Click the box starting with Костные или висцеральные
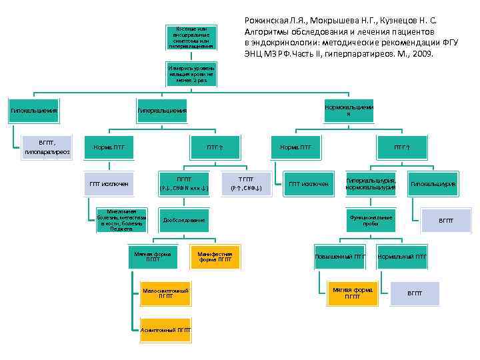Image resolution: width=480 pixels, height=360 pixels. [x=192, y=39]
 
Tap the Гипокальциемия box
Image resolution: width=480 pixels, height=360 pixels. [x=33, y=110]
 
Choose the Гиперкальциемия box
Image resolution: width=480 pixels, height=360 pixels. [x=162, y=110]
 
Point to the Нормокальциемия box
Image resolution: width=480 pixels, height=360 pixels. [x=348, y=110]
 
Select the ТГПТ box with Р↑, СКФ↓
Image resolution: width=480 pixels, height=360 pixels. [x=245, y=183]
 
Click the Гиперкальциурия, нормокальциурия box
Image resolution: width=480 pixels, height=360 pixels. [x=371, y=183]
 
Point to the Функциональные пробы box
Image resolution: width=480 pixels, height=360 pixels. [x=371, y=219]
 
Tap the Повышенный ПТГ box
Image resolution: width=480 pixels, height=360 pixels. [x=339, y=256]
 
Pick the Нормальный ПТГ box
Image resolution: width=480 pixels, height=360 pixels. [x=402, y=256]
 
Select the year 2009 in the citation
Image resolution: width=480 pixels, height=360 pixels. [x=421, y=53]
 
